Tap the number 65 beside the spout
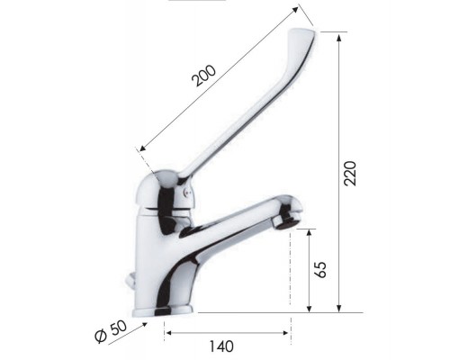(321, 269)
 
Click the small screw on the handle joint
(186, 191)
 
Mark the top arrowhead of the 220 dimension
(338, 36)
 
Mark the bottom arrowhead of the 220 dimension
(338, 309)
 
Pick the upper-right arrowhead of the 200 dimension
(296, 11)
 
